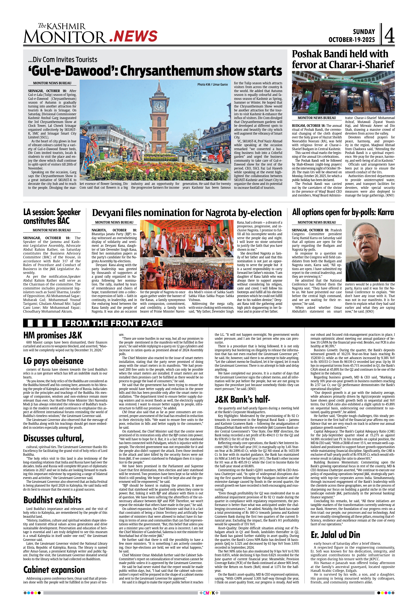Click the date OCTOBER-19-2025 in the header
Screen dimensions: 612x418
[351, 40]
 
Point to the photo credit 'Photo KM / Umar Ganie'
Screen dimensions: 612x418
[212, 85]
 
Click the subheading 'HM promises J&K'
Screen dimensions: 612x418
[53, 335]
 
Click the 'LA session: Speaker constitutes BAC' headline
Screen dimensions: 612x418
[52, 216]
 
